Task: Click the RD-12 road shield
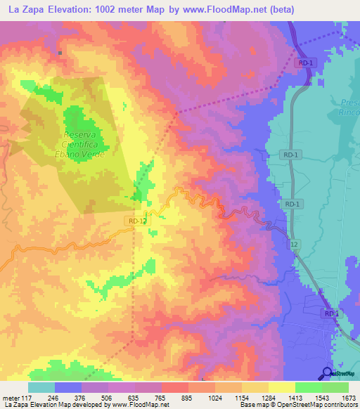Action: pyautogui.click(x=138, y=221)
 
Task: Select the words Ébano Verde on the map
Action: pyautogui.click(x=84, y=153)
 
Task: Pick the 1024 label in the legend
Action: pyautogui.click(x=214, y=397)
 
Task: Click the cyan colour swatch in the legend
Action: pyautogui.click(x=41, y=387)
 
